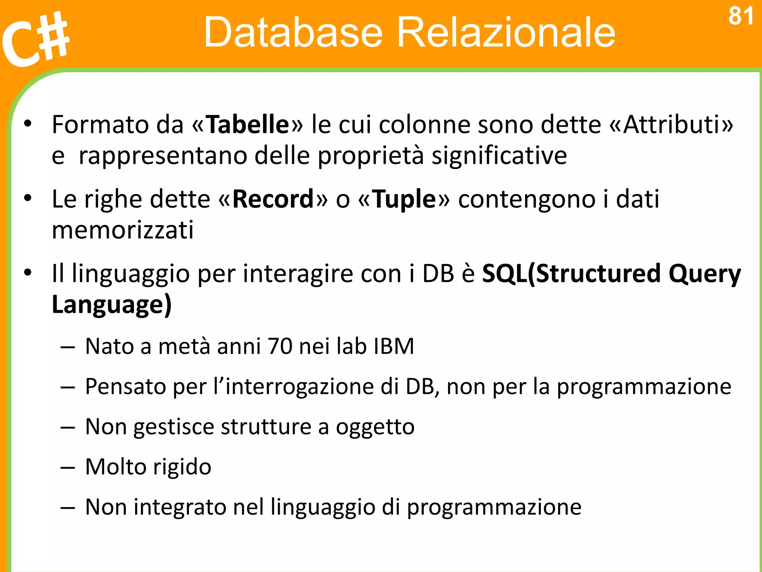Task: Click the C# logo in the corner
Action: [x=35, y=39]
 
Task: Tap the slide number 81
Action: [x=741, y=17]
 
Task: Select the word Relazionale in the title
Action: [x=506, y=32]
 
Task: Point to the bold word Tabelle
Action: [x=247, y=124]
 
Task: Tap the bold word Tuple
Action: [x=404, y=199]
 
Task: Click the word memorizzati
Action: [x=123, y=230]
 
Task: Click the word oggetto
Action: [x=375, y=427]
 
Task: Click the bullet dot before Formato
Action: [x=28, y=124]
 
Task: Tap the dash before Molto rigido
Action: [x=68, y=468]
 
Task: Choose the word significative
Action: [x=499, y=156]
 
